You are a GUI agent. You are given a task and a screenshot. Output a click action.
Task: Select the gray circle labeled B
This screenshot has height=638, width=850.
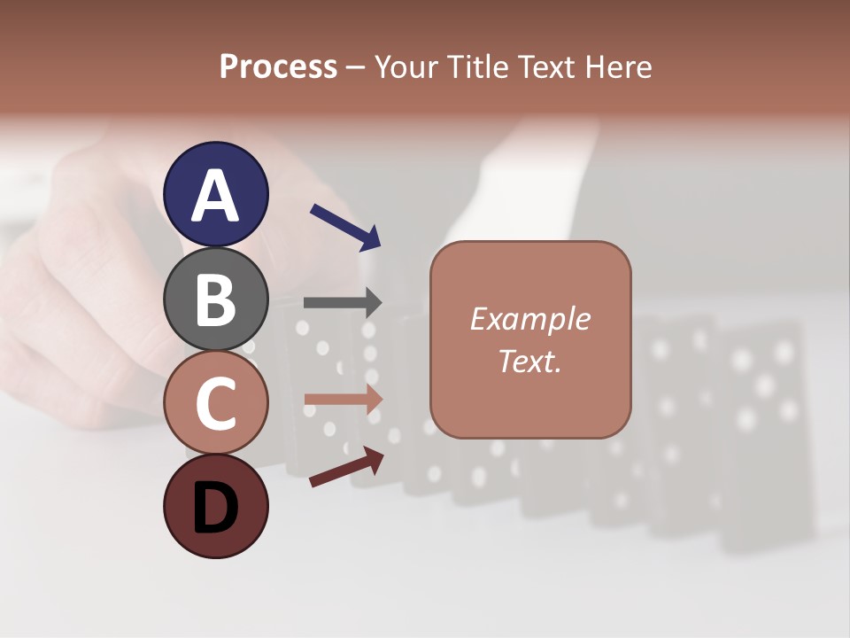pyautogui.click(x=216, y=299)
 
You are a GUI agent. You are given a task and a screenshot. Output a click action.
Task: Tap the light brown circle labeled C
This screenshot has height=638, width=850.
pyautogui.click(x=216, y=402)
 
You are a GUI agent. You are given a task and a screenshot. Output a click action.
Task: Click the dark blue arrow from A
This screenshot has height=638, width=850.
pyautogui.click(x=345, y=226)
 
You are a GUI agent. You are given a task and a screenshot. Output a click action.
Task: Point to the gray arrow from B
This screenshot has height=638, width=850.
pyautogui.click(x=343, y=302)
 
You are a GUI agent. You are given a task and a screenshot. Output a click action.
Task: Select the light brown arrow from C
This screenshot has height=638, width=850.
pyautogui.click(x=343, y=400)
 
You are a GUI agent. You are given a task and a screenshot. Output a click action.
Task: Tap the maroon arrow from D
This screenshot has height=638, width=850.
pyautogui.click(x=346, y=467)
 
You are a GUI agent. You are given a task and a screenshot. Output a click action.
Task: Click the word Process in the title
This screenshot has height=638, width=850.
pyautogui.click(x=278, y=66)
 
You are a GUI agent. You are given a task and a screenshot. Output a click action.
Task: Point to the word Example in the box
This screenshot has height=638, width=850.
pyautogui.click(x=529, y=319)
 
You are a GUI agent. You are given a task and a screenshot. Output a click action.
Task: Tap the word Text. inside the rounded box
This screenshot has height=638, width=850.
pyautogui.click(x=529, y=361)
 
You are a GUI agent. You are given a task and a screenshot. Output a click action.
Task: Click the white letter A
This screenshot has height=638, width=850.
pyautogui.click(x=216, y=196)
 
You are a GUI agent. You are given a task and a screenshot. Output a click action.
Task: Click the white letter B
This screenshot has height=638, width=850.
pyautogui.click(x=216, y=300)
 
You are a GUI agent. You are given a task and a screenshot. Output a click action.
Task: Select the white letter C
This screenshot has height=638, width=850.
pyautogui.click(x=216, y=403)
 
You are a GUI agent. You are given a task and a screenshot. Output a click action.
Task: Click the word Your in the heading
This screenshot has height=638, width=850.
pyautogui.click(x=406, y=66)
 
